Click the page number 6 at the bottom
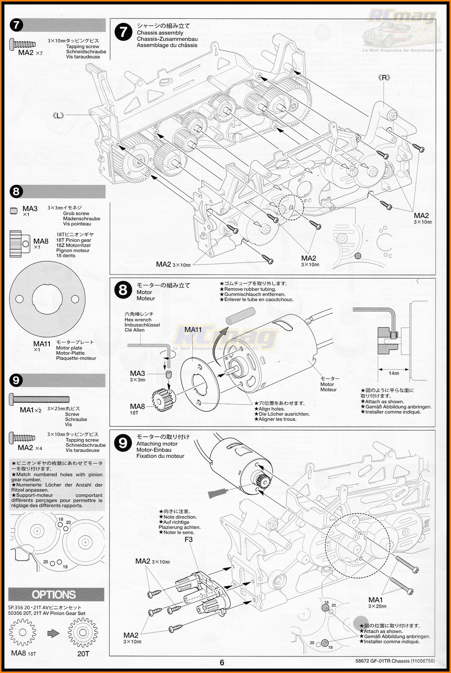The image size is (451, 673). point(222,662)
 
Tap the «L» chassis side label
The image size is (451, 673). point(58,116)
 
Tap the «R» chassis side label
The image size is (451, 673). point(384,78)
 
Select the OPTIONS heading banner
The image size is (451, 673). point(54,594)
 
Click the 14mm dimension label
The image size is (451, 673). point(394,373)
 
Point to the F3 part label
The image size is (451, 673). point(189,540)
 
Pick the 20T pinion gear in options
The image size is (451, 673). point(83,633)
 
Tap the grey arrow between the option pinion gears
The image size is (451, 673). point(53,633)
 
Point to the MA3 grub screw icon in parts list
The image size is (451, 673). point(14,211)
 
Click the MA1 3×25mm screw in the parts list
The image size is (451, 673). point(39,399)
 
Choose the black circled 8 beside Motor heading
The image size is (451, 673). point(123,290)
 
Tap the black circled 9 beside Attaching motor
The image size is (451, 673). point(123,443)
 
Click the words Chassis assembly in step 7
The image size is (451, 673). point(160,33)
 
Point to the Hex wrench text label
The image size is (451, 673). point(138,320)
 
